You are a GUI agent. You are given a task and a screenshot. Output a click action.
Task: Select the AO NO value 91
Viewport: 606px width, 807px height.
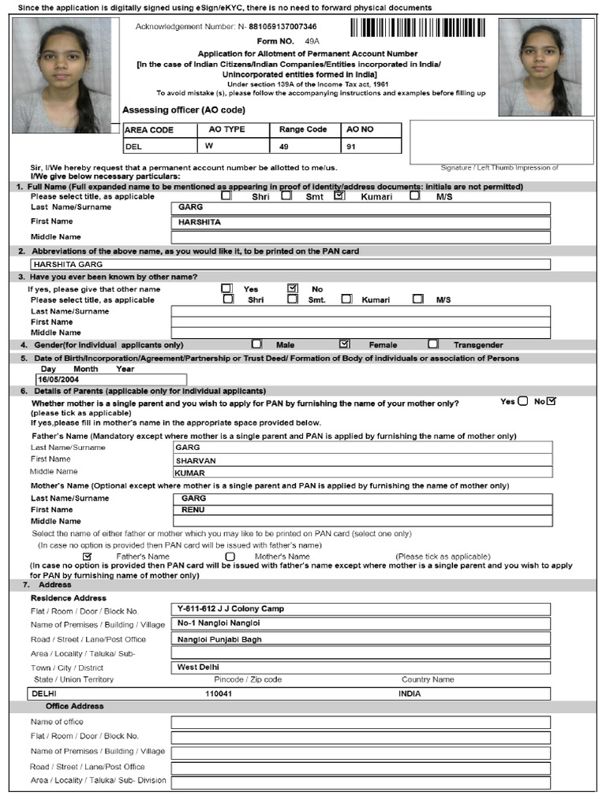click(353, 146)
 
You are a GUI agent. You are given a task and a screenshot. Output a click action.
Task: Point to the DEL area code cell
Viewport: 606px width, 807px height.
click(135, 146)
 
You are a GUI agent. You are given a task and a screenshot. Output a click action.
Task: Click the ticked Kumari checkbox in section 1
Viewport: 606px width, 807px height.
click(339, 196)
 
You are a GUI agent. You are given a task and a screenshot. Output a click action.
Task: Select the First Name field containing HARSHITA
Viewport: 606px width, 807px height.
click(361, 222)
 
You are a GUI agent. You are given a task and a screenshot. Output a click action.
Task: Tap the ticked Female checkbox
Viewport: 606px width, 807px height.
click(344, 344)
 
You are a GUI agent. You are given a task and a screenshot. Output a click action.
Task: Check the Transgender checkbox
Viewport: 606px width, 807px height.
click(433, 344)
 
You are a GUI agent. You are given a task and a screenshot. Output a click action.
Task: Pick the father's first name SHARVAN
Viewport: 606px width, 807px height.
click(361, 460)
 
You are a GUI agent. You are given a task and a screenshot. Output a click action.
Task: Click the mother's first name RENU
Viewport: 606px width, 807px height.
click(361, 510)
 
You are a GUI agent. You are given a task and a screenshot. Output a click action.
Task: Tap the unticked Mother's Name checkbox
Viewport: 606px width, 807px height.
click(230, 556)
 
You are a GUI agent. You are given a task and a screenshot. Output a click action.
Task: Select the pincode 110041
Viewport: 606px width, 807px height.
click(219, 694)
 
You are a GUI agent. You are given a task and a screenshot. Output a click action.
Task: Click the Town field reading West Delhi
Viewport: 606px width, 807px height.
click(361, 668)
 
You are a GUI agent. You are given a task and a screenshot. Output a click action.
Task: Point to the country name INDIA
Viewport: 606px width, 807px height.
click(410, 694)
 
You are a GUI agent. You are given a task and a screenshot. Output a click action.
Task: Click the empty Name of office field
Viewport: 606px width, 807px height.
click(361, 722)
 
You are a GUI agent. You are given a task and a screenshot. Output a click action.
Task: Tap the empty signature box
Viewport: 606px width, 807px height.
click(501, 140)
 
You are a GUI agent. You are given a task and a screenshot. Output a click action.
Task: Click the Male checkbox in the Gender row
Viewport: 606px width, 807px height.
click(256, 344)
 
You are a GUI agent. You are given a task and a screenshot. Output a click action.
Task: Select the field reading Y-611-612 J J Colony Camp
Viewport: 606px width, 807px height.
click(361, 609)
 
